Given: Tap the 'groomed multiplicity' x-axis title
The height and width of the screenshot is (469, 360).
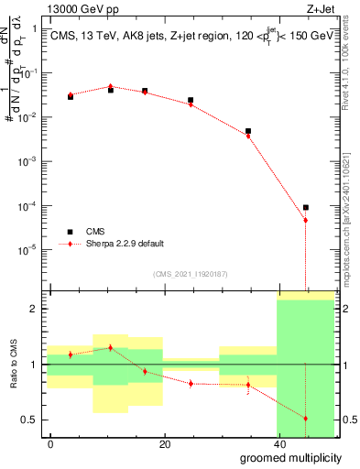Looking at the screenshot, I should (x=292, y=457).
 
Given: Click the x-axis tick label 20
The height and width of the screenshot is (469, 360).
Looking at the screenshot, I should (x=165, y=444).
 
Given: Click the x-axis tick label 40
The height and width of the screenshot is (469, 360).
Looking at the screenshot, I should (x=279, y=444).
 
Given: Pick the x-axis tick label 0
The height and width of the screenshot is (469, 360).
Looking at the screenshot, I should (x=51, y=444).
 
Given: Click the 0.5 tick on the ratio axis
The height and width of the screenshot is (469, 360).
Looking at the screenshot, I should (x=32, y=420).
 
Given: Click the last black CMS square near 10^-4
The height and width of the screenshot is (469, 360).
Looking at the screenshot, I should (x=306, y=207).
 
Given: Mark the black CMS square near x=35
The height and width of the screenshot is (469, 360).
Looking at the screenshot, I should (x=248, y=131).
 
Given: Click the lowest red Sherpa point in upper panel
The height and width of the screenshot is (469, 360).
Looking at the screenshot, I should (x=306, y=221).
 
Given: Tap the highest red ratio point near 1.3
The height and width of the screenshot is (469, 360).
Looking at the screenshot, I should (x=111, y=348).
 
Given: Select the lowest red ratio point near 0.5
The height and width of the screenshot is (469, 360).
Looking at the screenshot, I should (x=306, y=419).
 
